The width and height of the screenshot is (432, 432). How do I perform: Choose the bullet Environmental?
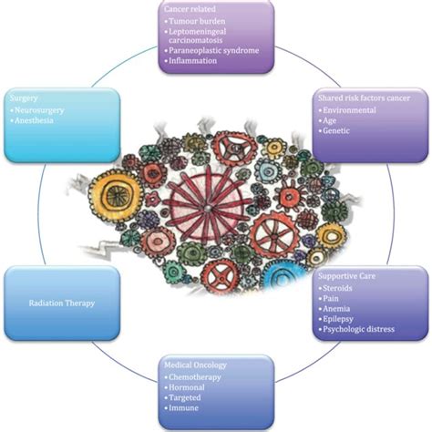coord(352,108)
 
